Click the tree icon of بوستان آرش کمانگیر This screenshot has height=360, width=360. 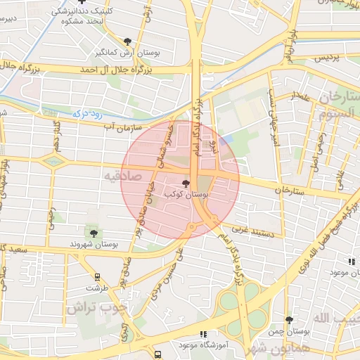click(x=127, y=41)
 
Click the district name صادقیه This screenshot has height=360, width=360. click(x=122, y=174)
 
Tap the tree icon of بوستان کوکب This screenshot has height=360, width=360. click(x=186, y=181)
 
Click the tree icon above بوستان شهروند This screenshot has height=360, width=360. click(x=94, y=233)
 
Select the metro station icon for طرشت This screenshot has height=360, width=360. click(x=96, y=277)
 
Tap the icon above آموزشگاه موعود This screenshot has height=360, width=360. click(x=203, y=334)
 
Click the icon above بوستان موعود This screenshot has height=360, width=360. click(x=352, y=262)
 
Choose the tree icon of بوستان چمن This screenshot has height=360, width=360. click(x=288, y=320)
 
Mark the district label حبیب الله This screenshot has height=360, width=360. click(x=330, y=319)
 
